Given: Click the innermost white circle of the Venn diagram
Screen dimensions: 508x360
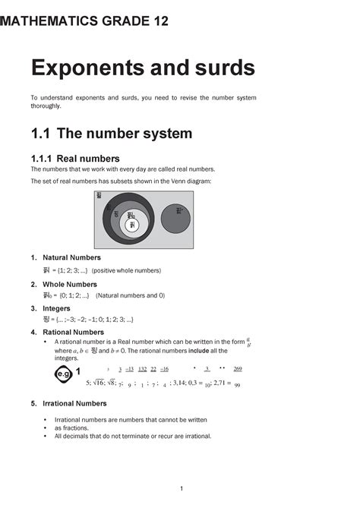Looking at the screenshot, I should [132, 225].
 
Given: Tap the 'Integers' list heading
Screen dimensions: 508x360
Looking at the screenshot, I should [56, 308].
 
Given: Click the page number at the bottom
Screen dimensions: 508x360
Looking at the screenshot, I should [180, 487].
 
